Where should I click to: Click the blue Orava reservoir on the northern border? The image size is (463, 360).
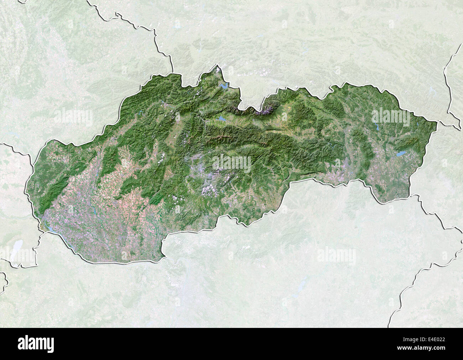coord(224,87)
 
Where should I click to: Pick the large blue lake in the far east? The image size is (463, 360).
coord(401,154)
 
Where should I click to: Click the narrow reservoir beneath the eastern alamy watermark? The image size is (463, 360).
coord(376,127)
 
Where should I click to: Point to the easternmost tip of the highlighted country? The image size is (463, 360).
coord(437,123)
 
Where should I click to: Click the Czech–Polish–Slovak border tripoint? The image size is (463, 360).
coord(172,73)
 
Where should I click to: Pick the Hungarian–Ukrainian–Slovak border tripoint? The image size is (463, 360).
coord(410,195)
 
